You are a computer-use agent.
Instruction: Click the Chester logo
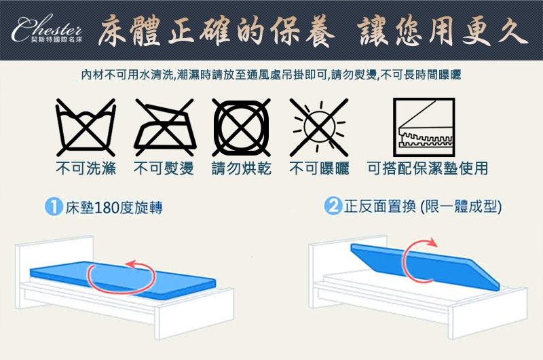[x=47, y=29]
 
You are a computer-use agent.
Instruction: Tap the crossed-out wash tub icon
[x=86, y=127]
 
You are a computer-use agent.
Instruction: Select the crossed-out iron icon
[x=165, y=127]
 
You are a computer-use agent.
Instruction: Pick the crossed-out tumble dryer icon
[x=242, y=127]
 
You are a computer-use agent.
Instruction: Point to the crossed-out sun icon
[x=319, y=127]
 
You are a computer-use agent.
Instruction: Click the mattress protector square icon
[x=424, y=127]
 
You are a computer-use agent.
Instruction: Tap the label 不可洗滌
[x=86, y=168]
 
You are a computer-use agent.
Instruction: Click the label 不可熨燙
[x=164, y=168]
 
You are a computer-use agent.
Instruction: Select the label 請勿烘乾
[x=242, y=168]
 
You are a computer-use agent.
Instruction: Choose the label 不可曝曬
[x=319, y=168]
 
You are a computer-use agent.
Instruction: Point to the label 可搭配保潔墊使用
[x=428, y=168]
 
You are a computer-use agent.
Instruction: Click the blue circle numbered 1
[x=54, y=207]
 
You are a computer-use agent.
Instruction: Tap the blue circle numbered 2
[x=333, y=206]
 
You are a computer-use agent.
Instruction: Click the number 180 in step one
[x=106, y=208]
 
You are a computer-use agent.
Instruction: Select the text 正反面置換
[x=379, y=207]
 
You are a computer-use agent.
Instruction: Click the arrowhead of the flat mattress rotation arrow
[x=131, y=264]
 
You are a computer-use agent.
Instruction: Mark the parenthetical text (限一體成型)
[x=461, y=207]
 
